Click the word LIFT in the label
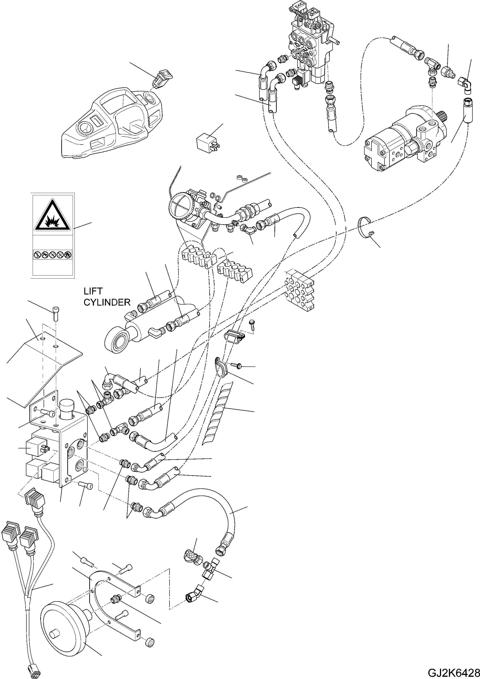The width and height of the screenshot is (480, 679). point(93,291)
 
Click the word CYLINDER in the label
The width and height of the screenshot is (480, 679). point(107,302)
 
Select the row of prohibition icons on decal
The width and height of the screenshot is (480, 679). point(52,254)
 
